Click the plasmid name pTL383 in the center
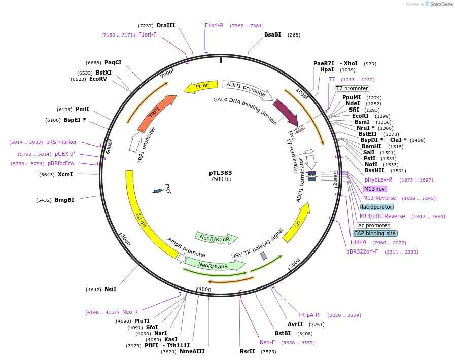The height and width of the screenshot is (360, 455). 221,172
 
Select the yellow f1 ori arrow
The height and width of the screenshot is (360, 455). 200,87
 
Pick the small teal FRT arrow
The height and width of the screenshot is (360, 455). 158,191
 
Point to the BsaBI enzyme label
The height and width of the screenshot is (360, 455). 272,34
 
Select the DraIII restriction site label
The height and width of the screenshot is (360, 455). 166,25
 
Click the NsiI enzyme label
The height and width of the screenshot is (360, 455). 110,289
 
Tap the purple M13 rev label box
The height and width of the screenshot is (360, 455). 375,189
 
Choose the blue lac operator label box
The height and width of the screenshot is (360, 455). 376,207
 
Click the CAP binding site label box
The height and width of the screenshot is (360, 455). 374,233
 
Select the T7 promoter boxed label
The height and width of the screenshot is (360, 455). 352,88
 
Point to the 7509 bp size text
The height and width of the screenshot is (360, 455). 221,179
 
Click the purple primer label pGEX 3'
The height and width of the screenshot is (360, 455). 65,154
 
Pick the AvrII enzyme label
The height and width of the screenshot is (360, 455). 295,324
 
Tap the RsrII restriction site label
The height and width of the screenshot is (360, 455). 248,351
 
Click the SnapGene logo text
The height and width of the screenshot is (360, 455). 440,4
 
